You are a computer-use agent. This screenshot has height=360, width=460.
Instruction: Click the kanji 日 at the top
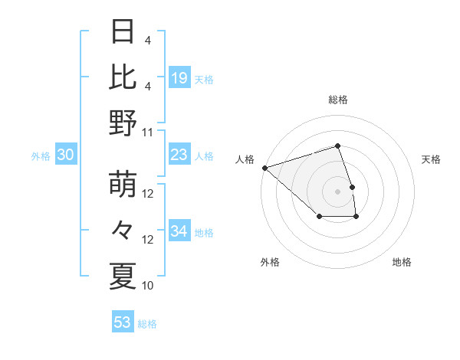tap(123, 33)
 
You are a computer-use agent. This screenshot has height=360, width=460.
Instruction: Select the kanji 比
tap(123, 77)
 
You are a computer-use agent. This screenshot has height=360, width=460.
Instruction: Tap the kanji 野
tap(123, 123)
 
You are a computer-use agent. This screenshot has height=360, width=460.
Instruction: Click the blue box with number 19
tap(179, 77)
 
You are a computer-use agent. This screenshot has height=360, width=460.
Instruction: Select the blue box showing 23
tap(179, 155)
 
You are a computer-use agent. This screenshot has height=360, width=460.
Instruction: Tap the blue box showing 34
tap(179, 231)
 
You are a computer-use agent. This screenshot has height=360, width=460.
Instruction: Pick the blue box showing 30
tap(65, 155)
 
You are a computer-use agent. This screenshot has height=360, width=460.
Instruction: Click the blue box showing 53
tap(123, 322)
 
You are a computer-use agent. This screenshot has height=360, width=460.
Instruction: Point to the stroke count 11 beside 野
tap(148, 131)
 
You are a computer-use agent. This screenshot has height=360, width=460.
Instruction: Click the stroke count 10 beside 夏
tap(148, 285)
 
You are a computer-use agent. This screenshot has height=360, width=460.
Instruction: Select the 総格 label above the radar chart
tap(337, 100)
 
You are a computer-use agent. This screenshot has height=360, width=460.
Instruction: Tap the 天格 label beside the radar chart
tap(431, 159)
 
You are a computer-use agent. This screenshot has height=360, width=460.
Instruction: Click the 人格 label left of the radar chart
tap(245, 159)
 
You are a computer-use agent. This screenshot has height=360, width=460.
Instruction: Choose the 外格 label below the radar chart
tap(269, 262)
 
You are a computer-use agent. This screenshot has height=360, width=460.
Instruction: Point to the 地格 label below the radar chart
tap(402, 262)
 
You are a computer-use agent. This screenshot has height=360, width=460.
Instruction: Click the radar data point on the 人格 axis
tap(264, 167)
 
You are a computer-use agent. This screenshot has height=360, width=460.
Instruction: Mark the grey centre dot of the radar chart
tap(337, 191)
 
